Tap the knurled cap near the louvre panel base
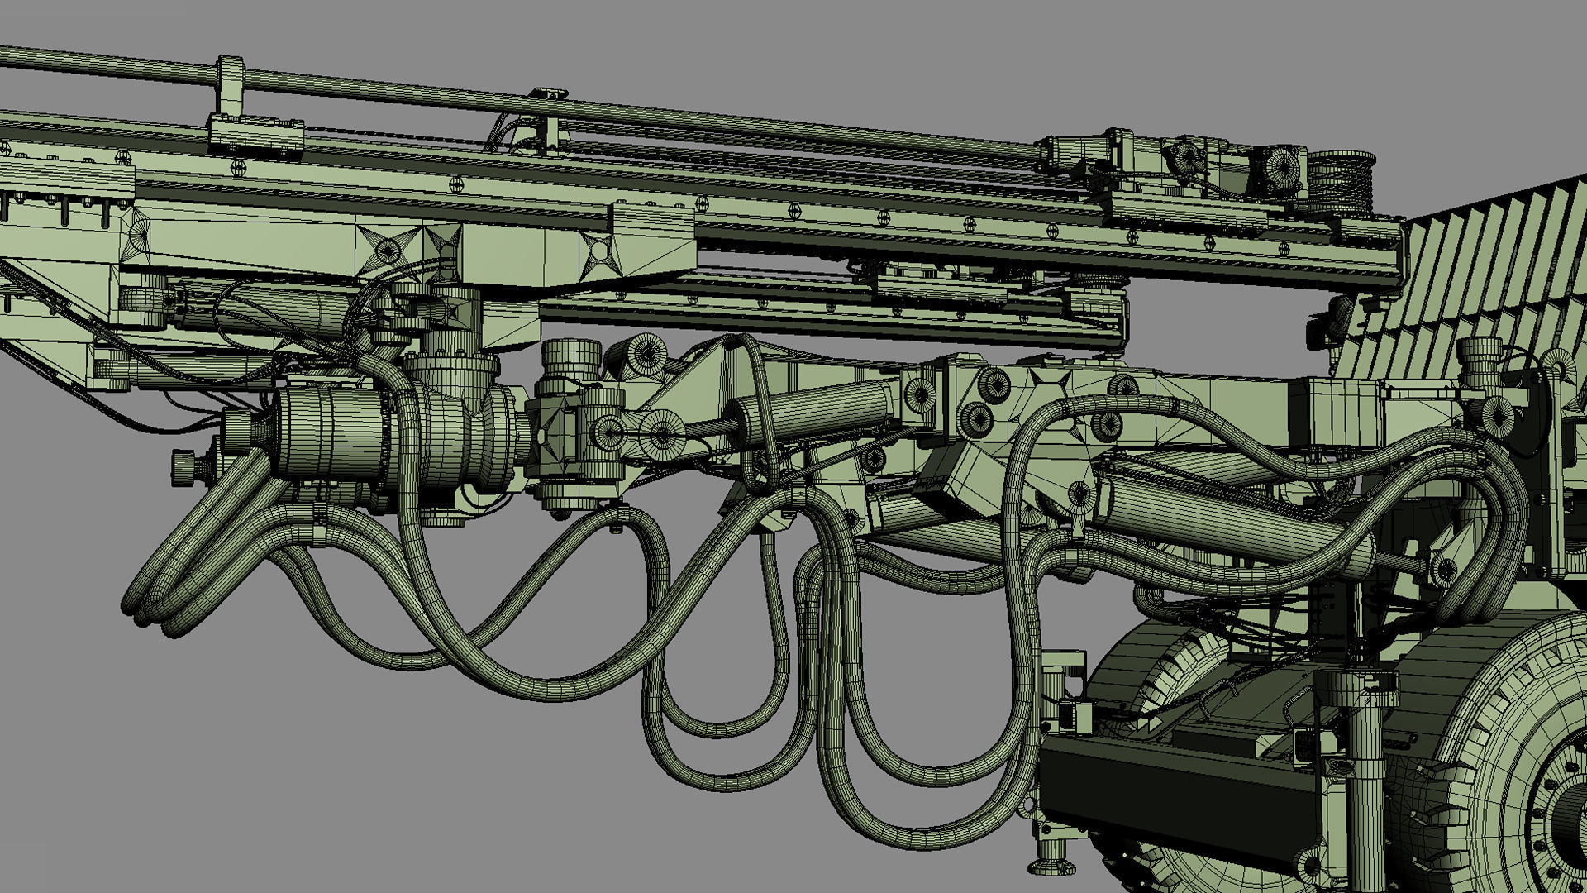pos(1480,351)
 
